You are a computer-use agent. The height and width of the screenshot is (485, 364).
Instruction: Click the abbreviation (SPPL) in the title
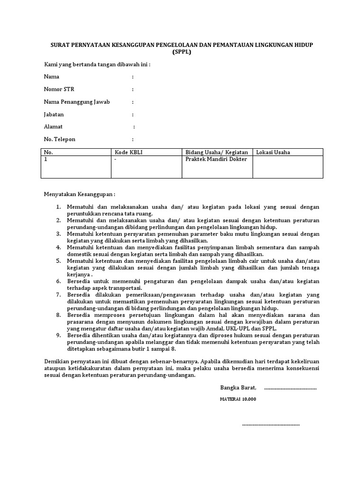(x=182, y=52)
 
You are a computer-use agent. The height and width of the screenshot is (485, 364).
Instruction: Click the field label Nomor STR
(x=59, y=89)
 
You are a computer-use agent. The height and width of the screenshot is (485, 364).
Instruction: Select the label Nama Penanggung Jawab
(x=77, y=102)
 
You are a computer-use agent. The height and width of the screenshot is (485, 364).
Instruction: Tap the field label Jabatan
(x=54, y=114)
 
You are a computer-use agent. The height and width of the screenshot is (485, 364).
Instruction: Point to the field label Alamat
(x=53, y=127)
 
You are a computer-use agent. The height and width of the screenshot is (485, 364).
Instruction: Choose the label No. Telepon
(x=60, y=139)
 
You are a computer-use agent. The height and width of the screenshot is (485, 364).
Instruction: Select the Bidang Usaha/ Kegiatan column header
(x=217, y=152)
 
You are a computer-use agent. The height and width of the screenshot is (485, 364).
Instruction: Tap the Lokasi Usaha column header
(x=273, y=152)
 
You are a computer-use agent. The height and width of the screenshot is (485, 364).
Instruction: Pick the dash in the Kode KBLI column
(x=116, y=160)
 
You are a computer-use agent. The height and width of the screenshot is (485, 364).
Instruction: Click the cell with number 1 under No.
(x=45, y=160)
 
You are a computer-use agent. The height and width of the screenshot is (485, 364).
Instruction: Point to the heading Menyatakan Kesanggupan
(x=80, y=194)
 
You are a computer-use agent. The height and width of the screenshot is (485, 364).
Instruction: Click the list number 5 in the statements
(x=58, y=260)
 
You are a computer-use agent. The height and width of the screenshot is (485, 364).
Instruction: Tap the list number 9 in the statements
(x=58, y=334)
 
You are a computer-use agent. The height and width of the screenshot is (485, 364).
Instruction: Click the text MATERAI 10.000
(x=237, y=399)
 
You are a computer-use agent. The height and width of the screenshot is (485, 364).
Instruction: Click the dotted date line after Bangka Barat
(x=290, y=388)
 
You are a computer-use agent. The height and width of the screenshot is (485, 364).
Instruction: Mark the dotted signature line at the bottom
(x=271, y=424)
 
